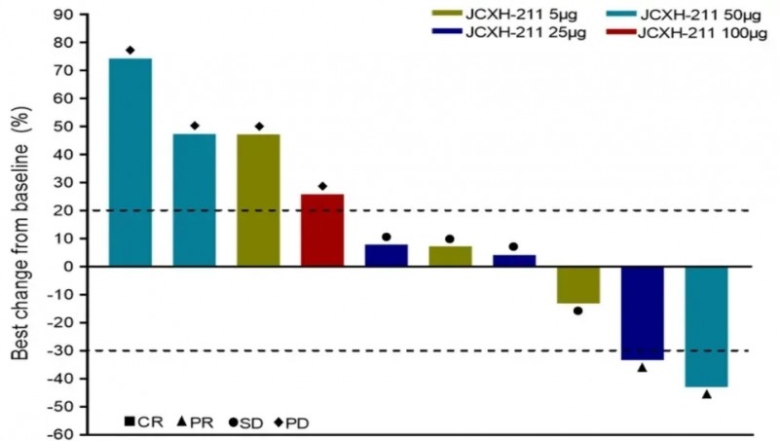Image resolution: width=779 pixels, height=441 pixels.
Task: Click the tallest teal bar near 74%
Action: point(130,162)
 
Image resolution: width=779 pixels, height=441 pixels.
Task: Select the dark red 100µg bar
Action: point(322,230)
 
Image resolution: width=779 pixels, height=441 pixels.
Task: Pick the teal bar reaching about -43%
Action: point(706,326)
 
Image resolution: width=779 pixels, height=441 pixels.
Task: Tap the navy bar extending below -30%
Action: point(642,312)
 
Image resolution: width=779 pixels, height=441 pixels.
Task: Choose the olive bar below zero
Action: point(578,284)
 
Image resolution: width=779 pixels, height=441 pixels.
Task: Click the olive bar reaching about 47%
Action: point(258,200)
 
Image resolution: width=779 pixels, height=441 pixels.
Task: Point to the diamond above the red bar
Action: point(322,186)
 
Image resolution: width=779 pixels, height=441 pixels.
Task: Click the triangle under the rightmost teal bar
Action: point(706,394)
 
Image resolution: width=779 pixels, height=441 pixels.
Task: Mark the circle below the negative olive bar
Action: point(578,311)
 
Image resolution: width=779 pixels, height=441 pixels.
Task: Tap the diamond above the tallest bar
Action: point(130,50)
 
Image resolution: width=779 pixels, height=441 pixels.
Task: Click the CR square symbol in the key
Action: point(130,422)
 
